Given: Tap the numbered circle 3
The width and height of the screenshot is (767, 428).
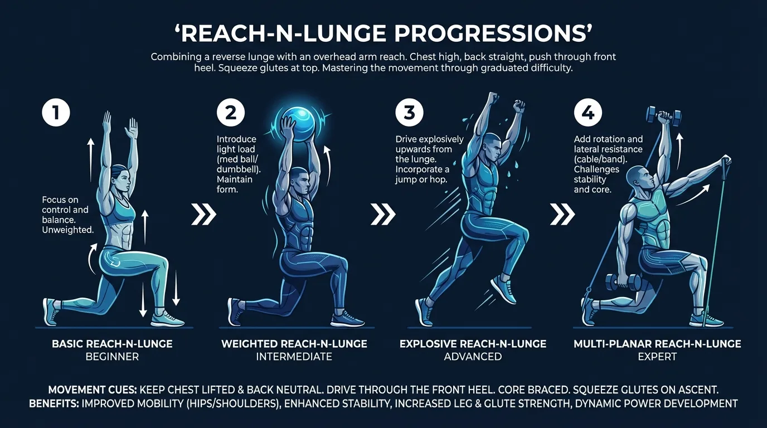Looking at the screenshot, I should [410, 113].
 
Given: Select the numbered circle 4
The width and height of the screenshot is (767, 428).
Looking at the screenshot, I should [588, 113].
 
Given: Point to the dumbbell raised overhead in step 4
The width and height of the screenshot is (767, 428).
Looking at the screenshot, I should [663, 116].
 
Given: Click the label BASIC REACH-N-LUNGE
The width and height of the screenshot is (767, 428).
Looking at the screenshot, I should [112, 344].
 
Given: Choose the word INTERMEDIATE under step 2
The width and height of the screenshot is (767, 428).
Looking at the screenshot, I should [294, 357].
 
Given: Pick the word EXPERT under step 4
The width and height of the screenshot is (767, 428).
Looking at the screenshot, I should [657, 357].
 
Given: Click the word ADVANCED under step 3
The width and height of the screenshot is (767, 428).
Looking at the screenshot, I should [473, 357].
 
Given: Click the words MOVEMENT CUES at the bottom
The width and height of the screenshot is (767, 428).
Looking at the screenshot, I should [91, 390].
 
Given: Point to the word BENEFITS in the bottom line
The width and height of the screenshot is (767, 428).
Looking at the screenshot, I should [54, 403].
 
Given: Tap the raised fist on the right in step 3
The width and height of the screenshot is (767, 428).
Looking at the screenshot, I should [519, 105].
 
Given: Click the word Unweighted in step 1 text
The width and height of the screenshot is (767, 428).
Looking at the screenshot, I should [67, 230].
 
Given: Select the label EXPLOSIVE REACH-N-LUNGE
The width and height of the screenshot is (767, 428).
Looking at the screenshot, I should [473, 344].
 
